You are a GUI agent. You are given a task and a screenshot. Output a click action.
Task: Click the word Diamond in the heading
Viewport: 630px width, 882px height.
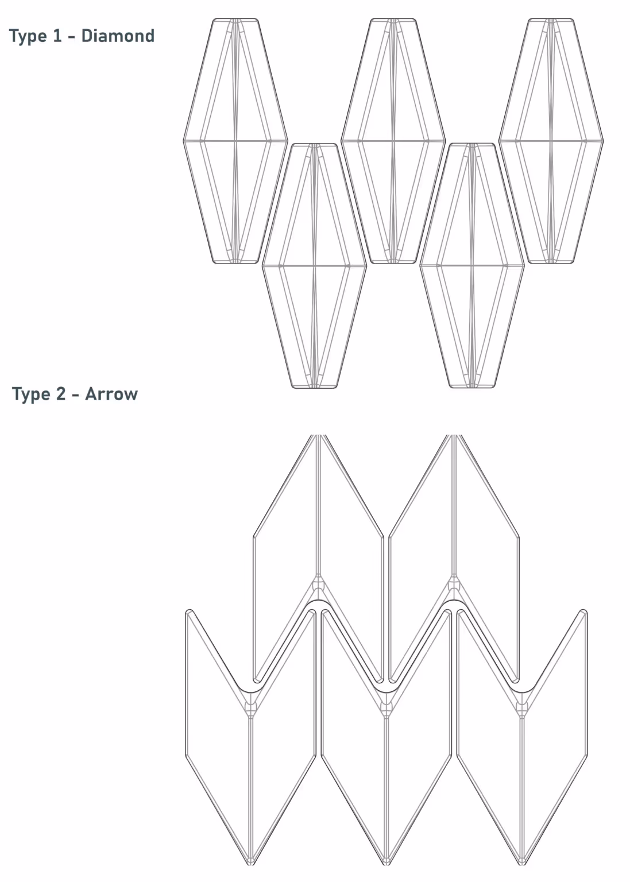tap(118, 36)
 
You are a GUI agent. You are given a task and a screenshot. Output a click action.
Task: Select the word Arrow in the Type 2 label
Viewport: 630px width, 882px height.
tap(111, 394)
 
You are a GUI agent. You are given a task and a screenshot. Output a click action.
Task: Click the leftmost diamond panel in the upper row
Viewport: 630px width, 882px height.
tap(235, 141)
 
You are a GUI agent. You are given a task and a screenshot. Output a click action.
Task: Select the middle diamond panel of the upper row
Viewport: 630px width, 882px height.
tap(393, 141)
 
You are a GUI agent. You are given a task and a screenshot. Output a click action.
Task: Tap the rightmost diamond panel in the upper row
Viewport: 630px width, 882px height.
tap(551, 141)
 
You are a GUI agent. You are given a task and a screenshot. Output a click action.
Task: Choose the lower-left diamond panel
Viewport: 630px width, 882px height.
tap(314, 266)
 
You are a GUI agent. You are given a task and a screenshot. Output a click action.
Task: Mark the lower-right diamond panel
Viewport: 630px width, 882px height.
tap(471, 266)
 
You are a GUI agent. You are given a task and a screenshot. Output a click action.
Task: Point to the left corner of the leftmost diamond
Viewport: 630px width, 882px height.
tap(184, 141)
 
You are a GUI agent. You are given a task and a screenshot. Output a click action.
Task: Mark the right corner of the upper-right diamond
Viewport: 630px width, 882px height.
tap(603, 141)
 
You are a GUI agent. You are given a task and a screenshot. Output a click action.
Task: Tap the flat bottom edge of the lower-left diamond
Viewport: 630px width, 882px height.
tap(314, 388)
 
